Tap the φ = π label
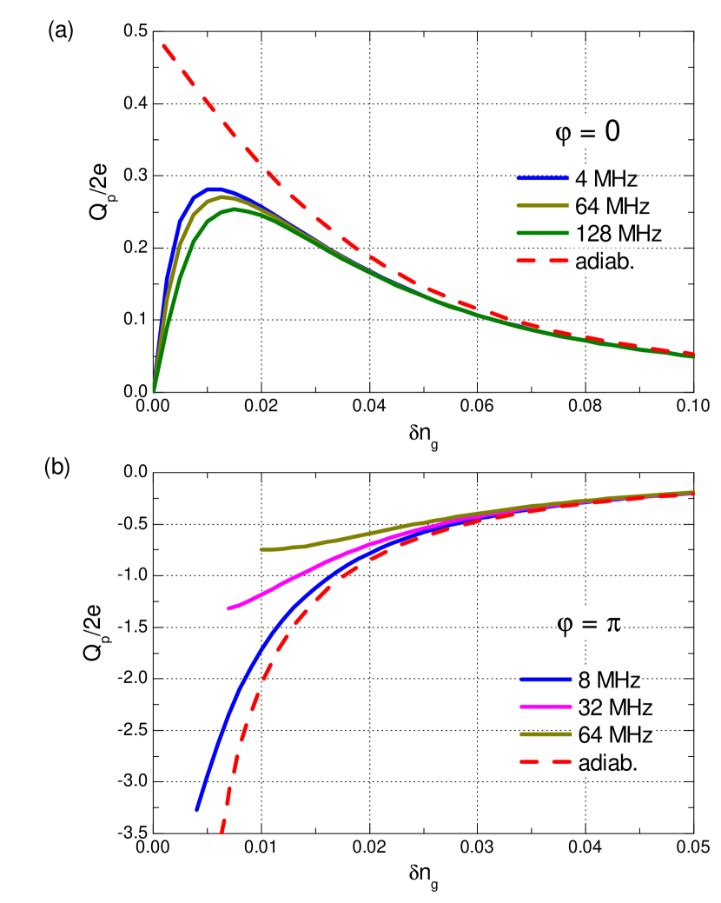point(588,622)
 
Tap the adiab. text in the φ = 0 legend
point(605,261)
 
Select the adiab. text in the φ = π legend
point(605,763)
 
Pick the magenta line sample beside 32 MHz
point(546,707)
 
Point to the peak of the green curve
point(235,209)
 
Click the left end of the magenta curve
point(229,608)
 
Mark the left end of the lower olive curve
point(261,549)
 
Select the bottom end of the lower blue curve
point(196,810)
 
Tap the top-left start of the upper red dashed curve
point(163,44)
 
